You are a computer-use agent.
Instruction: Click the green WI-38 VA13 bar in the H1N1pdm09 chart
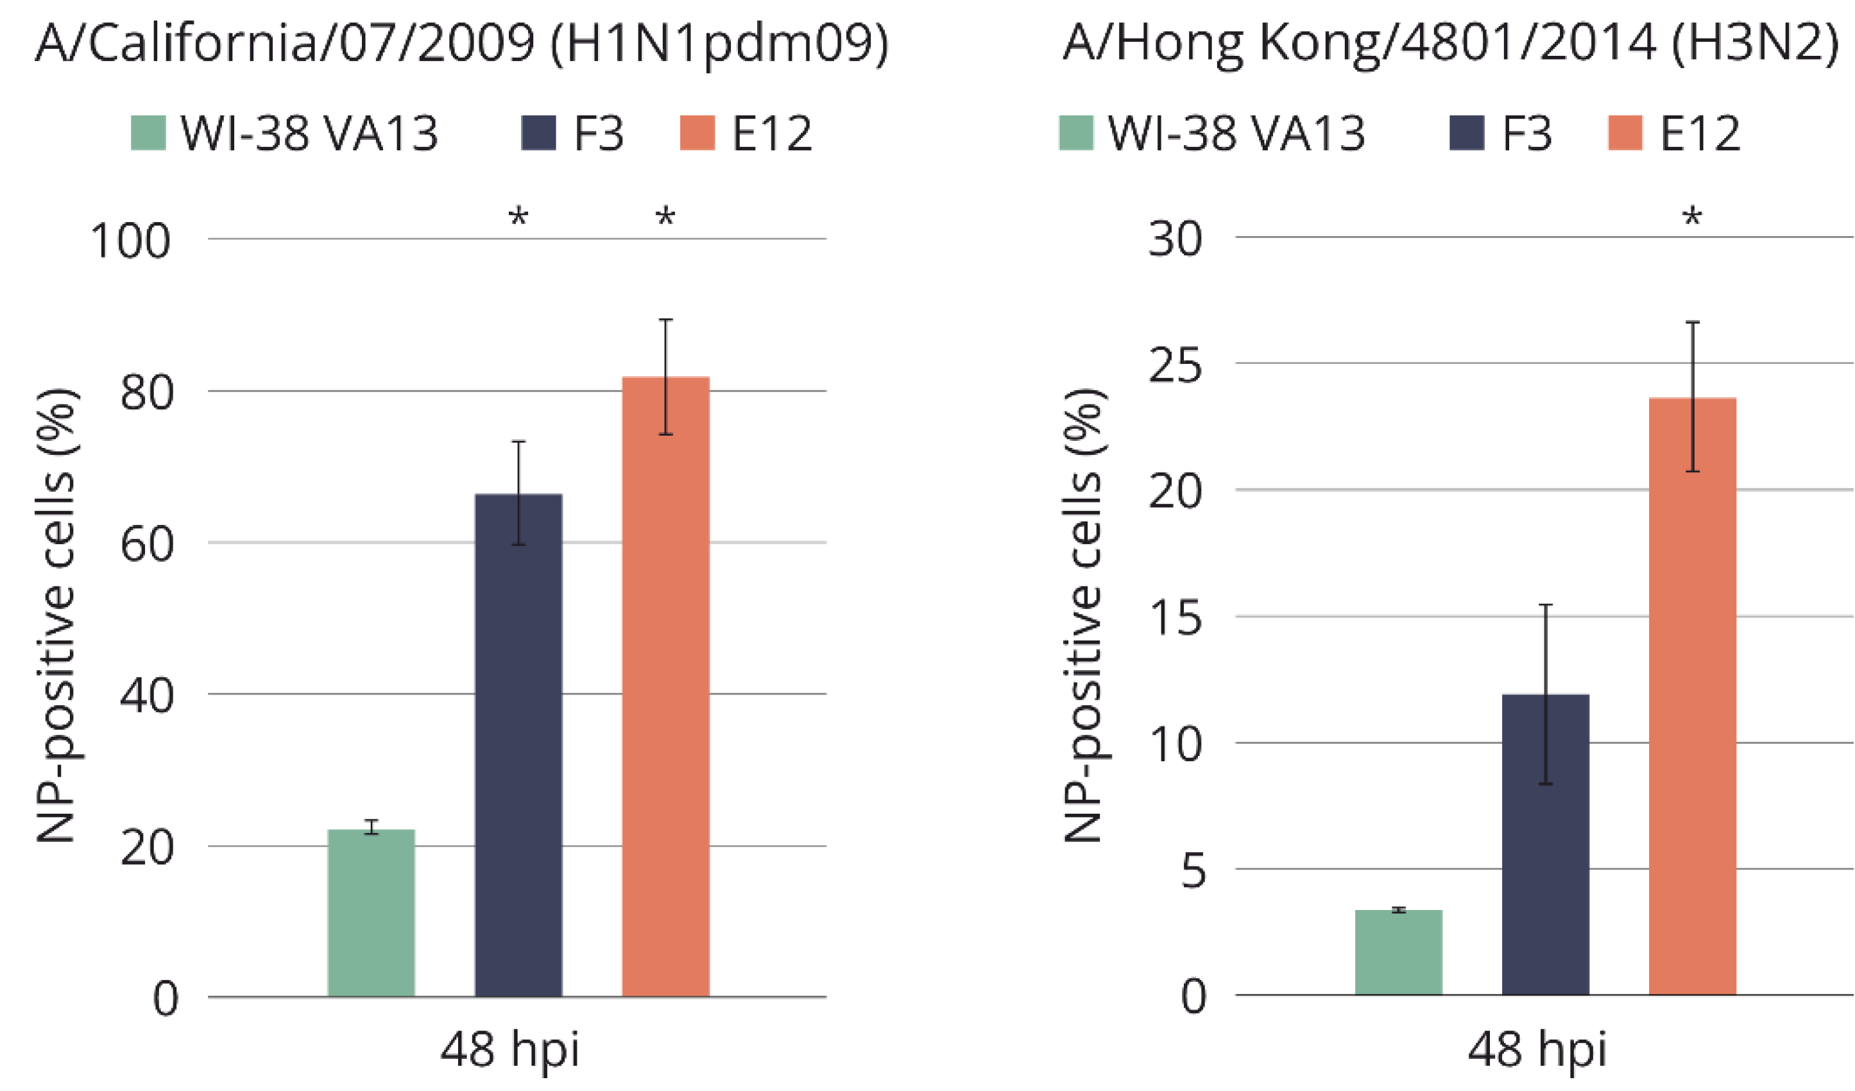click(x=371, y=913)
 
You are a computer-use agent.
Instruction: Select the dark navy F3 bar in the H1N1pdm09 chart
click(x=518, y=744)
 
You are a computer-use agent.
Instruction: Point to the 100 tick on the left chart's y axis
click(x=130, y=241)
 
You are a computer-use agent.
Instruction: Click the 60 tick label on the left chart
click(x=146, y=545)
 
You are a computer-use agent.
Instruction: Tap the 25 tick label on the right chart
click(x=1175, y=365)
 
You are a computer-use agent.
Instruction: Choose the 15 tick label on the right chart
click(x=1175, y=617)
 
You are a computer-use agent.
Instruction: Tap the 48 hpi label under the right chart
click(x=1537, y=1050)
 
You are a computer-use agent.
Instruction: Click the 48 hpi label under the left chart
click(x=509, y=1050)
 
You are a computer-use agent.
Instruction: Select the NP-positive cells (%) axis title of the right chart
click(x=1084, y=615)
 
